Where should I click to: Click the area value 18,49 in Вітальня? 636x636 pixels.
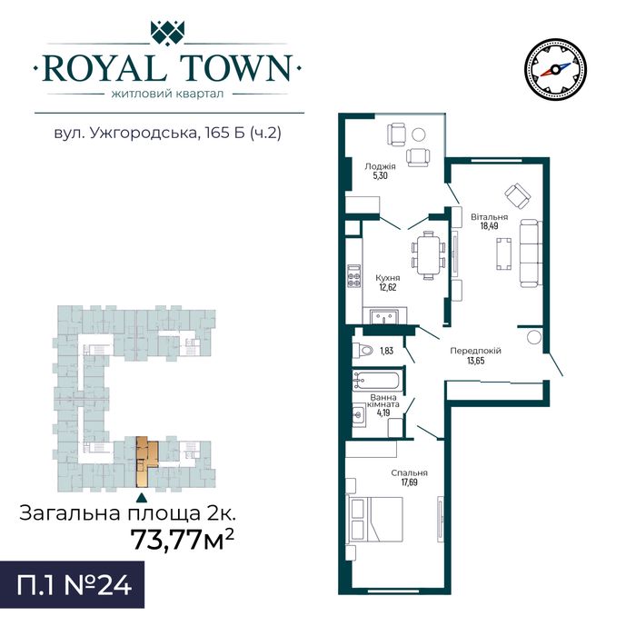pos(489,227)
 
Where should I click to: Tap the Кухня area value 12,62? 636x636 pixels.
pos(387,287)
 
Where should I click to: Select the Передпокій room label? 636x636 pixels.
pos(476,350)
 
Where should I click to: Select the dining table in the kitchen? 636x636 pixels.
pos(428,252)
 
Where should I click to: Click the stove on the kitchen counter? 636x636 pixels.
pos(354,276)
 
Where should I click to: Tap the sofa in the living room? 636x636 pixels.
pos(528,252)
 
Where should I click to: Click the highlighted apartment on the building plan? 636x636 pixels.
pos(144,461)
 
